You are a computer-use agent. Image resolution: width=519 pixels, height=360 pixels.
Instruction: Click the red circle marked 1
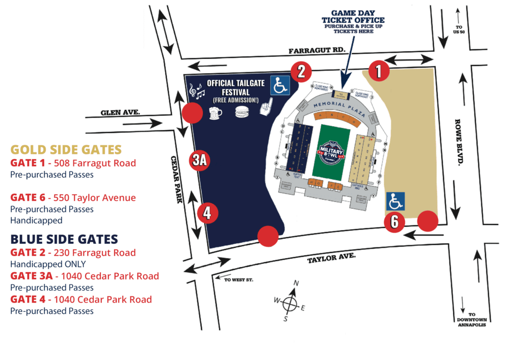tap(378, 70)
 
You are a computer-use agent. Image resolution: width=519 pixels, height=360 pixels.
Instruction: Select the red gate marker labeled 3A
tap(199, 160)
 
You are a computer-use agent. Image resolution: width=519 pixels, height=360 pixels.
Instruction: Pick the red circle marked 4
tap(207, 213)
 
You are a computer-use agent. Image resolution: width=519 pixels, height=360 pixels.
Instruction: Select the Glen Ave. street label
tap(120, 113)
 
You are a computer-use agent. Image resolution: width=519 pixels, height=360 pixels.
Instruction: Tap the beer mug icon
tap(216, 113)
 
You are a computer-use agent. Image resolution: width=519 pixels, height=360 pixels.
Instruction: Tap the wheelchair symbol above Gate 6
tap(396, 201)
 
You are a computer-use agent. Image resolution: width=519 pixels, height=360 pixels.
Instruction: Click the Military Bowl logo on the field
tap(331, 151)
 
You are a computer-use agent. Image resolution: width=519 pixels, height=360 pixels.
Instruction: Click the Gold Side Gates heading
tap(66, 150)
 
